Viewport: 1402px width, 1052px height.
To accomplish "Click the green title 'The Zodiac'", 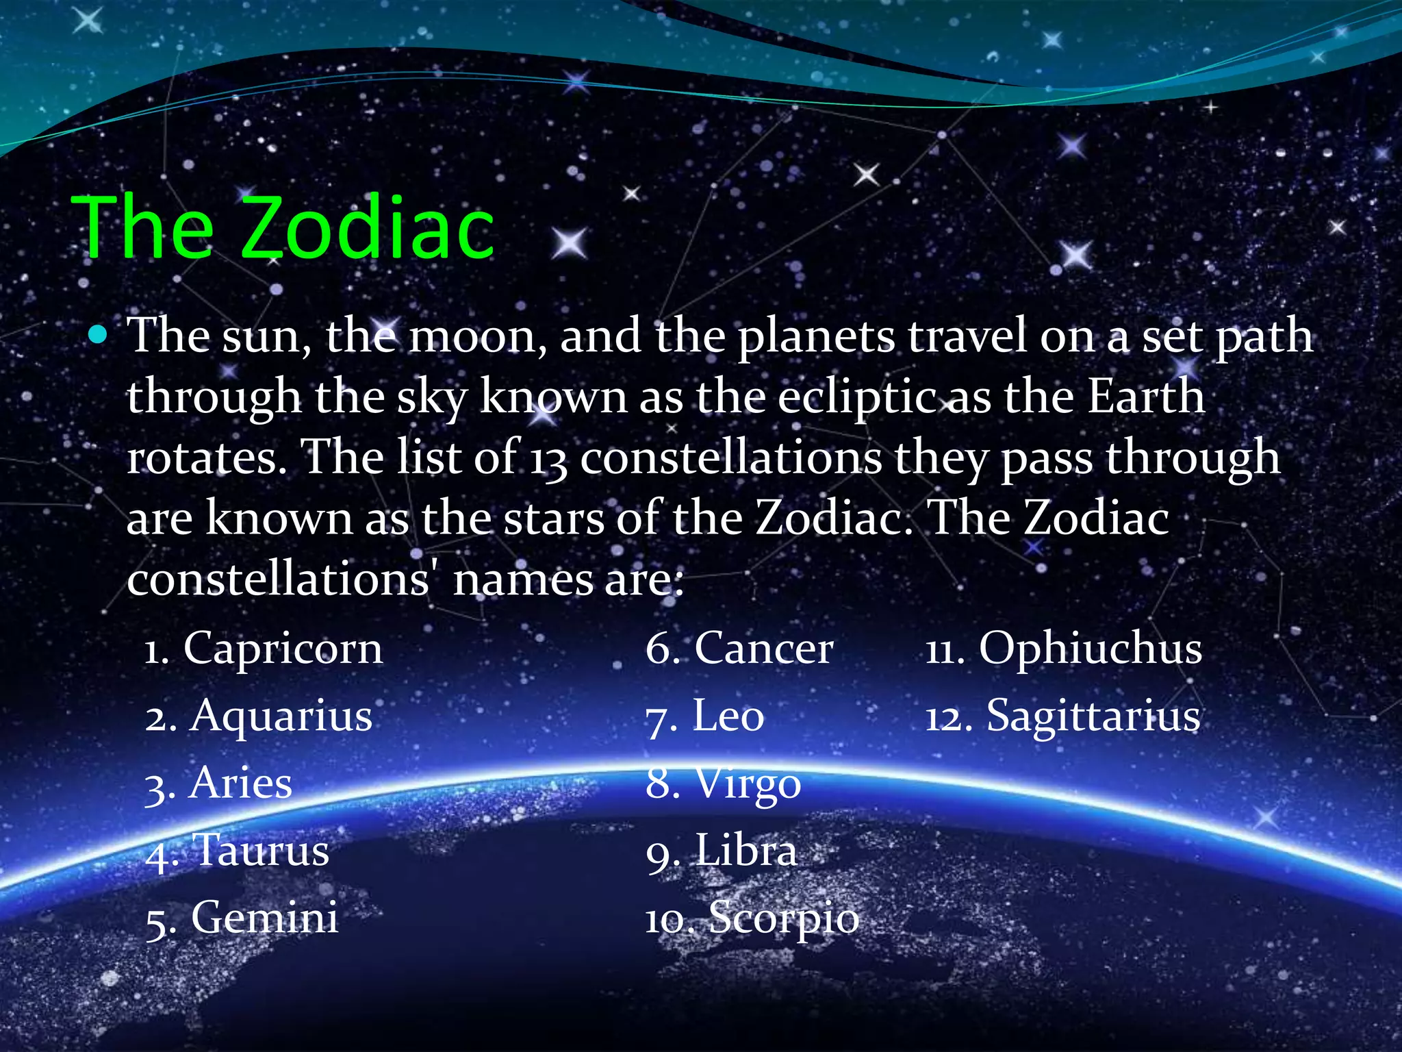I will pos(283,227).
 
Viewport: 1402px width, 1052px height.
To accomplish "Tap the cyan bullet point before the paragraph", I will pos(99,336).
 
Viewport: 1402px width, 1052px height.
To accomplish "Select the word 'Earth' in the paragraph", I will pos(1146,397).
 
